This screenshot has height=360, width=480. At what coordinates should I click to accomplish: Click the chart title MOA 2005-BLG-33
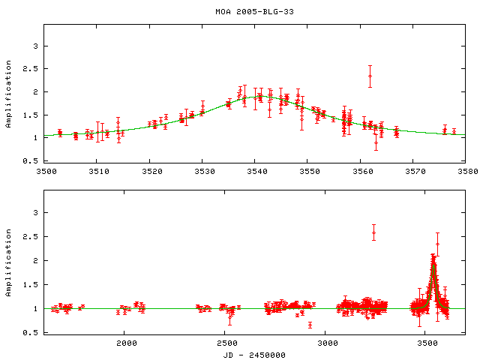[254, 10]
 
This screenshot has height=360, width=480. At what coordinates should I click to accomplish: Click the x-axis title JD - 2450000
[254, 354]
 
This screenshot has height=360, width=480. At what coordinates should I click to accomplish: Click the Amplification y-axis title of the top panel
[8, 93]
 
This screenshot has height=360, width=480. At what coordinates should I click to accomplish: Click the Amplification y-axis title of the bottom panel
[8, 260]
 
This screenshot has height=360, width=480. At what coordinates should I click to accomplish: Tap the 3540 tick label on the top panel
[255, 172]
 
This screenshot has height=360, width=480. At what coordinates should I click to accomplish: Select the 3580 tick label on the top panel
[465, 172]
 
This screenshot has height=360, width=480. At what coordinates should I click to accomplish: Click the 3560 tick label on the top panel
[360, 172]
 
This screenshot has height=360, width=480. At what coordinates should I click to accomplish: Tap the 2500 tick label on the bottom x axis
[225, 343]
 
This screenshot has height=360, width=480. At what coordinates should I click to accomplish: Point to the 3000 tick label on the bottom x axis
[325, 343]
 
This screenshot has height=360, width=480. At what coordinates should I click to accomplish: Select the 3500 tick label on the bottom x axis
[426, 343]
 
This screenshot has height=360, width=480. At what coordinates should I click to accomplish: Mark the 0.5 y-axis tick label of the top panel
[31, 161]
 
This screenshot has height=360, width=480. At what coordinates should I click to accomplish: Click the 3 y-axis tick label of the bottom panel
[36, 213]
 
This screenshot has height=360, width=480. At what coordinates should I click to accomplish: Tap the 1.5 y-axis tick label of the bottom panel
[31, 285]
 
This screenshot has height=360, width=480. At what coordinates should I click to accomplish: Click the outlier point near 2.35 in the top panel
[370, 76]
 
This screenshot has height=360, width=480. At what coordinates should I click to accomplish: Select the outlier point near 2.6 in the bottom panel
[373, 232]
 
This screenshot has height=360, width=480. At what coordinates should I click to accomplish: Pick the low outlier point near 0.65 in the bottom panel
[310, 325]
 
